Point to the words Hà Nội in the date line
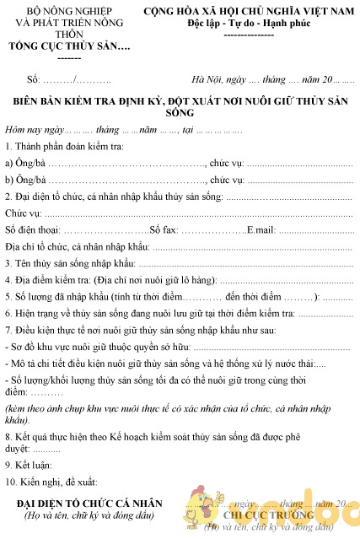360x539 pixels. click(x=207, y=79)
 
